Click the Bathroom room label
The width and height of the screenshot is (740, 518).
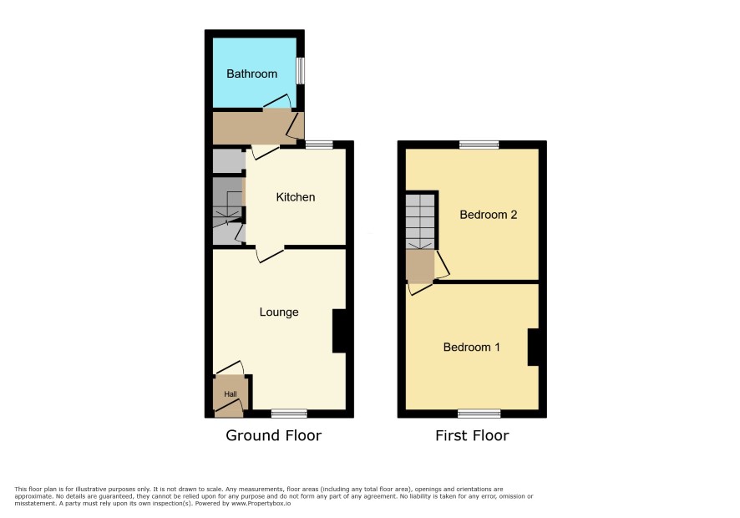point(251,74)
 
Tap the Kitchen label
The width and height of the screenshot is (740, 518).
point(296,197)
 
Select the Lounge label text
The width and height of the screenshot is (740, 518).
point(279,312)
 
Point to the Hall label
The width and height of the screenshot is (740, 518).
point(231,394)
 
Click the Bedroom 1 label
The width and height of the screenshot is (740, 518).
point(471,347)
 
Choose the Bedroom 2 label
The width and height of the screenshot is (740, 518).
point(489,215)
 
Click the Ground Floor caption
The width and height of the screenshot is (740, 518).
point(274,435)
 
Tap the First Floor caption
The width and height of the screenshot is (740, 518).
point(472,435)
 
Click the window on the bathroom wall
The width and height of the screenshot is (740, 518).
point(300,71)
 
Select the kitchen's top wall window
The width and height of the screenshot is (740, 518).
point(319,145)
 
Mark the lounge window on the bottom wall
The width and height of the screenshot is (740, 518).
point(289,414)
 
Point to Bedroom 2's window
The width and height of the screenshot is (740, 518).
point(479,145)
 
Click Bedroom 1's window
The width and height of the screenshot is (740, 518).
point(479,414)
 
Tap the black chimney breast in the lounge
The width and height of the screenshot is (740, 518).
point(339,331)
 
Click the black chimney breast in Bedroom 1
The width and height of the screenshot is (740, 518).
point(534,347)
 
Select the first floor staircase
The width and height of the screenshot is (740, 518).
point(420,221)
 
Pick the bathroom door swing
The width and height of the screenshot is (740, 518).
point(277,102)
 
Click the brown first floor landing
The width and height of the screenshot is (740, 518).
point(420,266)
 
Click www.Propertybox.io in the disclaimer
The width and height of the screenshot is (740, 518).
point(261,503)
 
